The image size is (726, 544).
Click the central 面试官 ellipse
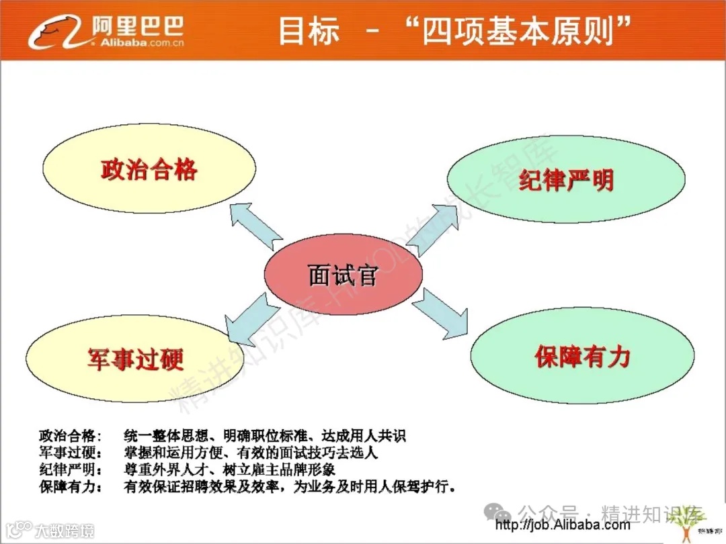(343, 275)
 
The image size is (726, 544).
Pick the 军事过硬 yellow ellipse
(135, 359)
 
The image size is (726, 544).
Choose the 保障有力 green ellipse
(582, 356)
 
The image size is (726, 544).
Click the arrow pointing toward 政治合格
(255, 225)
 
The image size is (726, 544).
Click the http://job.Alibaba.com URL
(562, 525)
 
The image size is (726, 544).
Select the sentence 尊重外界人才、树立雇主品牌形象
(229, 469)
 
